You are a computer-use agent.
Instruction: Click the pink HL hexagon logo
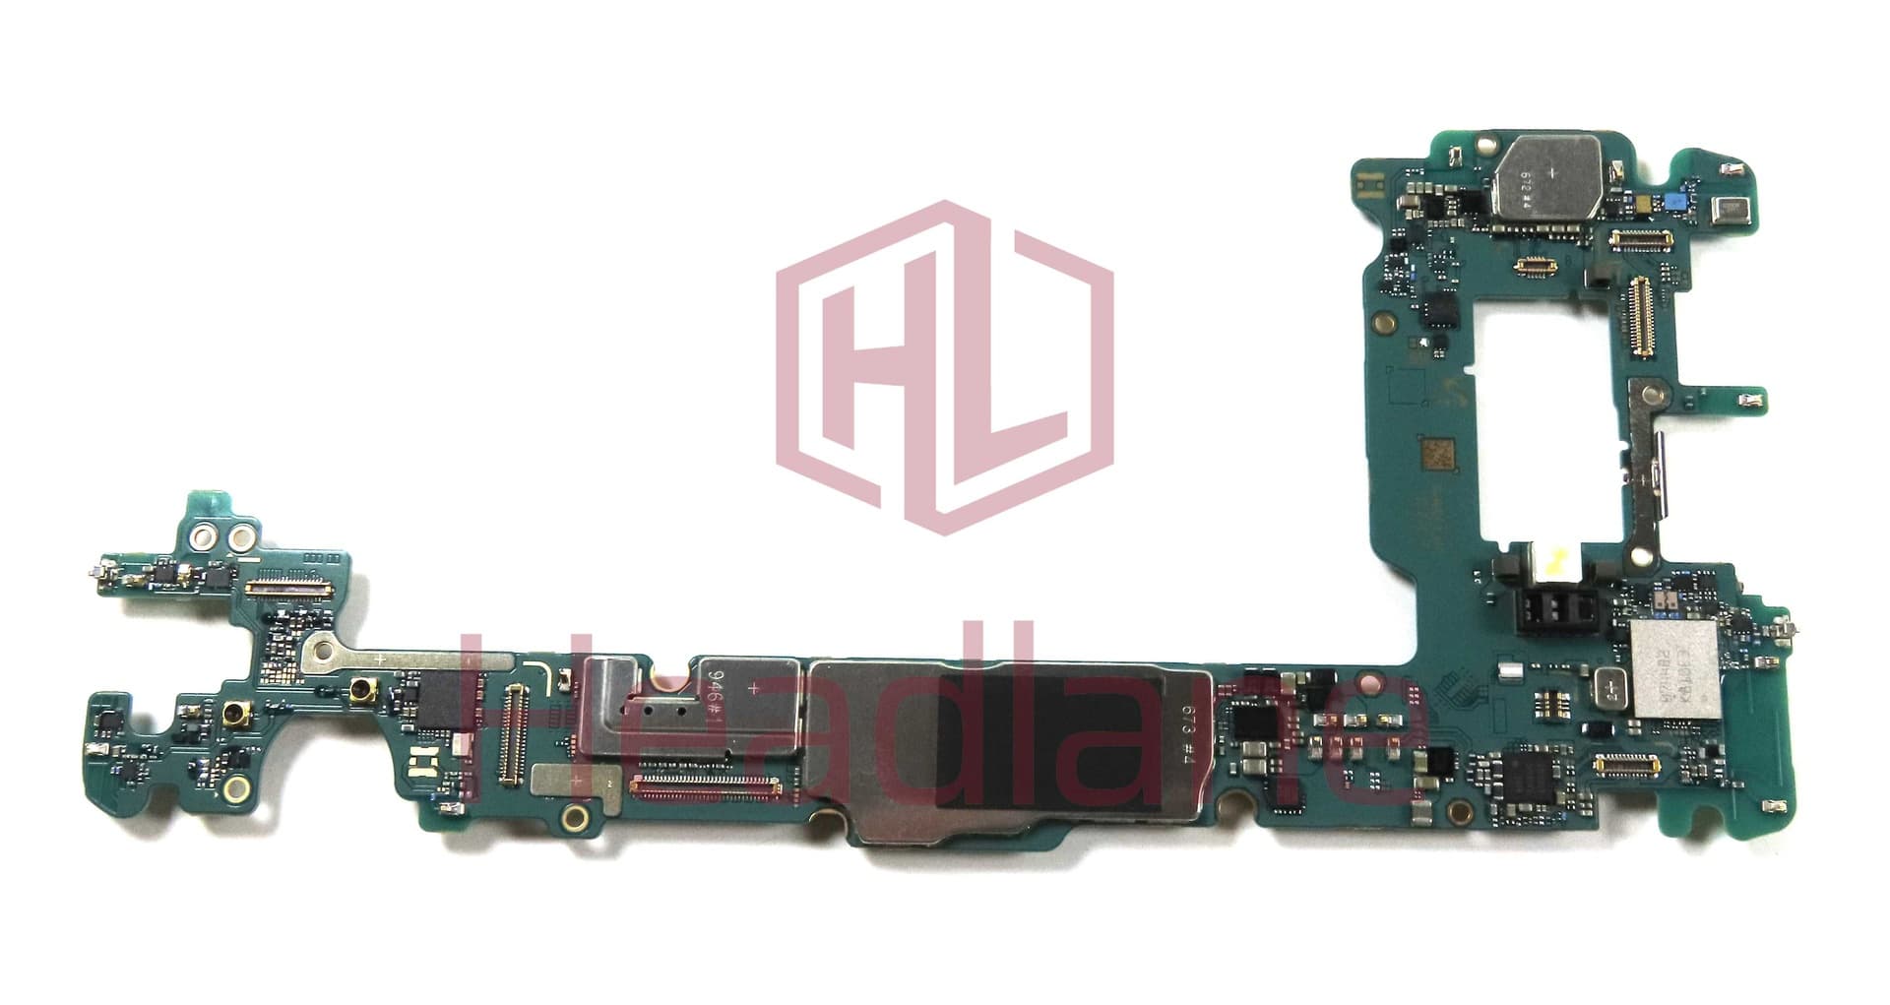pyautogui.click(x=945, y=366)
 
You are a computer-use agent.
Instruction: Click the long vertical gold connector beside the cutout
pyautogui.click(x=1639, y=315)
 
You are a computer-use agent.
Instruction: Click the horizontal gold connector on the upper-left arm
pyautogui.click(x=287, y=587)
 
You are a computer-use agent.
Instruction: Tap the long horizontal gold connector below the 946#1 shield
pyautogui.click(x=705, y=785)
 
